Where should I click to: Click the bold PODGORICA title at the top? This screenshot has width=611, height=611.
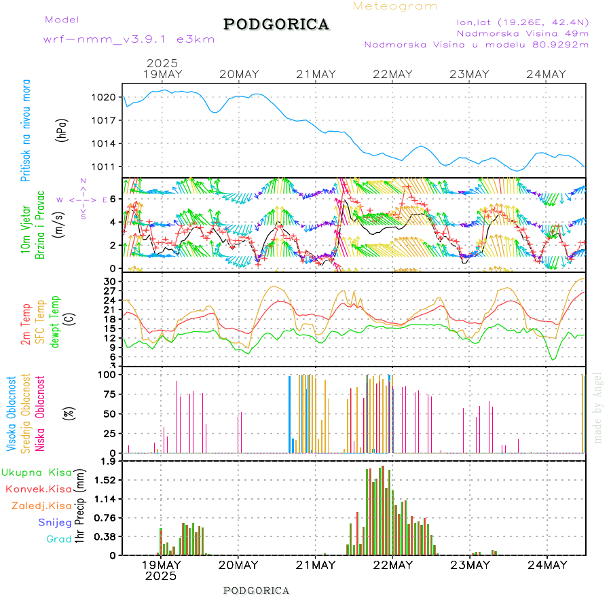coord(276,24)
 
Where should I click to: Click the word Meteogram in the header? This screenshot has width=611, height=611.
coord(395,6)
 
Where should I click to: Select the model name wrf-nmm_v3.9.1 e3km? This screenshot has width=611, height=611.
coord(129,39)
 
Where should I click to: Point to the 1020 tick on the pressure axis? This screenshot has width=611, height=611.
coord(104,97)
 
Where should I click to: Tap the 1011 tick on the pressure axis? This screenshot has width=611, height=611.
coord(104,166)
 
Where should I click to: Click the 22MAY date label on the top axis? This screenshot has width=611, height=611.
coord(392,74)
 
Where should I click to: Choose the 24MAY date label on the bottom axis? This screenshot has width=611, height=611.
coord(547,564)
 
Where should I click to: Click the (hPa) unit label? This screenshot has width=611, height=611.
coord(62,130)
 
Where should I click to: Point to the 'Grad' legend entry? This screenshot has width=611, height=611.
coord(59,539)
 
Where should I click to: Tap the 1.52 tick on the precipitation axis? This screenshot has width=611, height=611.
coord(104,480)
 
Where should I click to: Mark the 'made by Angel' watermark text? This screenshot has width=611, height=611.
coord(598,407)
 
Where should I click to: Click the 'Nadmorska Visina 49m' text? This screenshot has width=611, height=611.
coord(522,33)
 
